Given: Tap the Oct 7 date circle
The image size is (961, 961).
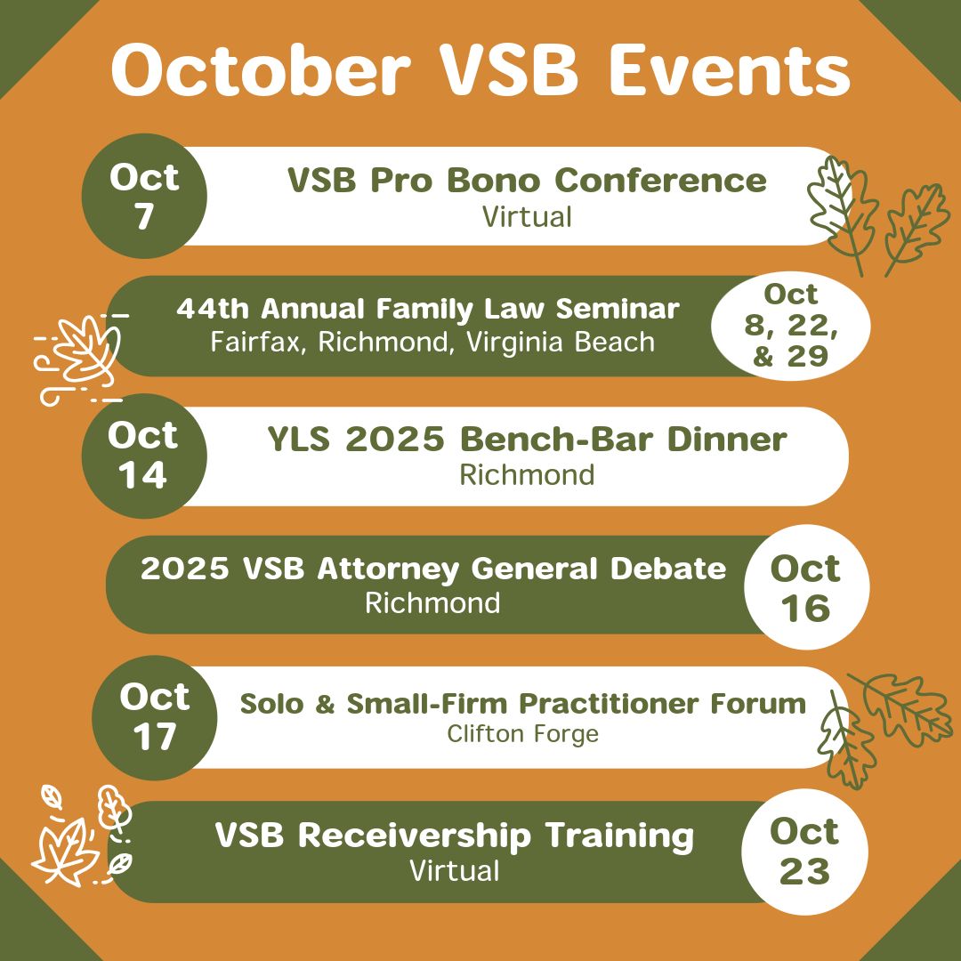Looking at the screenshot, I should [x=144, y=196].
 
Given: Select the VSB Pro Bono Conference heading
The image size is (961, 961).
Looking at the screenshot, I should [x=526, y=181].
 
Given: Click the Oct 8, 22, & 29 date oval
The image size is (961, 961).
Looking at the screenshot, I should [x=790, y=326].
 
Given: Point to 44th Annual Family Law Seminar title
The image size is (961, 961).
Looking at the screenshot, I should [x=427, y=309].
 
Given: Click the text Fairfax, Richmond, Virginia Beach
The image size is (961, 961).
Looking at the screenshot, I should [x=432, y=342].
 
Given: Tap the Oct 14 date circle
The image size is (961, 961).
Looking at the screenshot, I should [x=143, y=456].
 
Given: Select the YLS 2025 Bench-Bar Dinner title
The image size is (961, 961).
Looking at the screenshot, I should [x=527, y=440].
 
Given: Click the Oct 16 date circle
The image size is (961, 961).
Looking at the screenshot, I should [x=805, y=588].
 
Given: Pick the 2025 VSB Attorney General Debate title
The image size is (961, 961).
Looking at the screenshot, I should [x=433, y=569].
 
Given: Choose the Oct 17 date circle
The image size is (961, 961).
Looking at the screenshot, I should [x=155, y=717].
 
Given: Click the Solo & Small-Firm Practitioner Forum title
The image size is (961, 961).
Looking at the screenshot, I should [x=522, y=704].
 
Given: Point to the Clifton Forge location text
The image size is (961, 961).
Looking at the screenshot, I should [x=522, y=734].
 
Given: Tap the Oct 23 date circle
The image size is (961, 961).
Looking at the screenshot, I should [x=804, y=852].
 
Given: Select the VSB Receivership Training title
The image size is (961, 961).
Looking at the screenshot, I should [x=454, y=836].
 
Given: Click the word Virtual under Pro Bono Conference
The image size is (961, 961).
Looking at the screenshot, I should [x=527, y=216].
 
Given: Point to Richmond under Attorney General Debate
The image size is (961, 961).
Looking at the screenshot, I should [x=432, y=602].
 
